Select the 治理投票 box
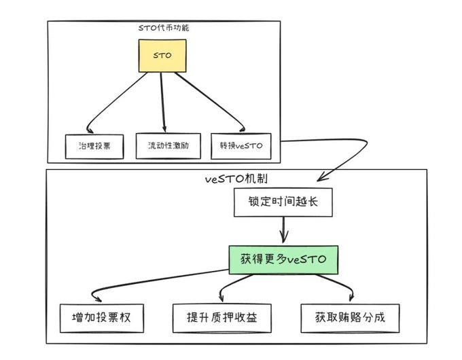(x=94, y=146)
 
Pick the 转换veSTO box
(x=241, y=145)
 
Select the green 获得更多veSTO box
(x=282, y=259)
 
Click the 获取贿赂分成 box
(x=346, y=317)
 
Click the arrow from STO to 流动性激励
(x=163, y=102)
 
